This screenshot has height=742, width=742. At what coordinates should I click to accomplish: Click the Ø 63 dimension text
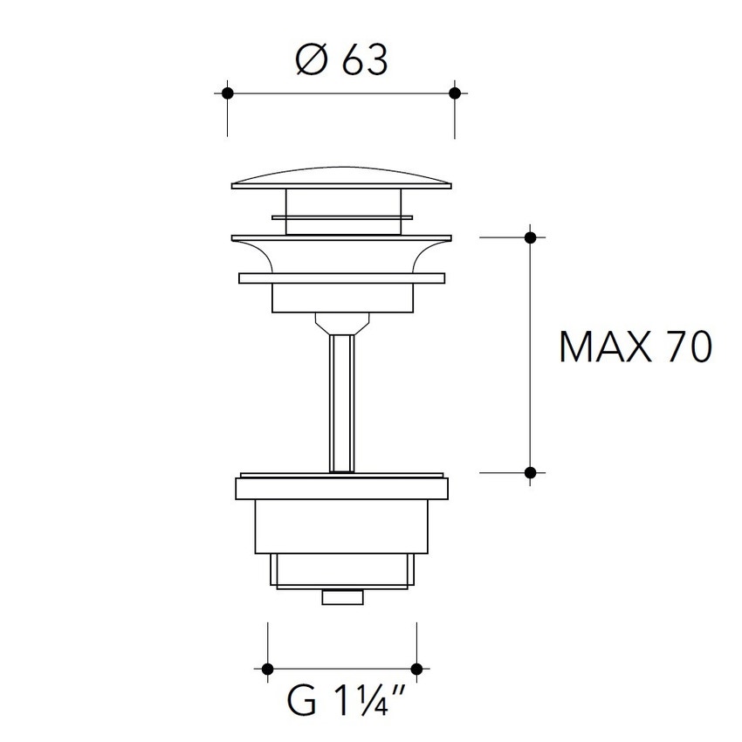click(340, 61)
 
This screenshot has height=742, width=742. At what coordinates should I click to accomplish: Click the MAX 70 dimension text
click(636, 347)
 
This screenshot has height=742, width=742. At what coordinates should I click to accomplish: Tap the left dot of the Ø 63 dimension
click(228, 93)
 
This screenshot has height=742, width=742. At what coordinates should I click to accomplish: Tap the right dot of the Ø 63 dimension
click(453, 93)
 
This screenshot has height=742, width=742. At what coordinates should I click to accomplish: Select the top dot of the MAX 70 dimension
click(530, 237)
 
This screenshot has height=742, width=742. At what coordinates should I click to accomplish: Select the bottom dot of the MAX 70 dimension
click(530, 472)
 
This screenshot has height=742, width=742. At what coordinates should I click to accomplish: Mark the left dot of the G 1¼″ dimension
click(267, 669)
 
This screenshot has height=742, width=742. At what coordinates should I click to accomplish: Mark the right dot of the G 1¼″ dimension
click(416, 669)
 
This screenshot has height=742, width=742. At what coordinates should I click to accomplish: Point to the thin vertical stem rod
click(341, 402)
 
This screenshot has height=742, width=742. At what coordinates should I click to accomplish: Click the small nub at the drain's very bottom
click(341, 597)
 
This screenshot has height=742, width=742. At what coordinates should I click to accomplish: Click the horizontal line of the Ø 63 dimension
click(340, 93)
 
